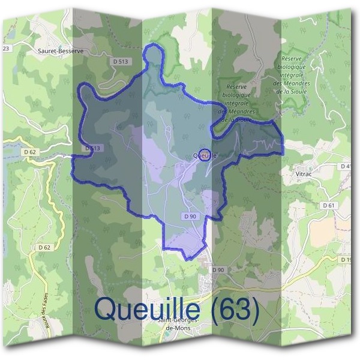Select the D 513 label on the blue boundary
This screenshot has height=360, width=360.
pos(92,148)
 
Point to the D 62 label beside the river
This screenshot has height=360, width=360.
pos(29,152)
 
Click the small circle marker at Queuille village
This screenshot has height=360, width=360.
pos(204,154)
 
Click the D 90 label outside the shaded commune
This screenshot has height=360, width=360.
pos(218,271)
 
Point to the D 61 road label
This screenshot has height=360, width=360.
pos(328,205)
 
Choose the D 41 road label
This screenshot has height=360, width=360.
pos(346,166)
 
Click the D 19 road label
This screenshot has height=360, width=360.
pos(346,260)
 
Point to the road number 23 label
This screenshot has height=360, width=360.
pos(7,47)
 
